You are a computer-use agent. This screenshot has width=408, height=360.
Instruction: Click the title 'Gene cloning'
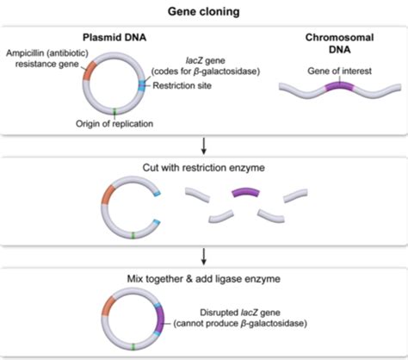203,12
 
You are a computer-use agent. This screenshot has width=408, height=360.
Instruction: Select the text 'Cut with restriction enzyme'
203,164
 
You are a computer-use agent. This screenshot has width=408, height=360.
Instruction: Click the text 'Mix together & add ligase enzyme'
203,277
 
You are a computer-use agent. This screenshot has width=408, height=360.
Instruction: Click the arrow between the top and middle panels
203,143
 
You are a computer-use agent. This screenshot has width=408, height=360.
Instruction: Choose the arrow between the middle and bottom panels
203,256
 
